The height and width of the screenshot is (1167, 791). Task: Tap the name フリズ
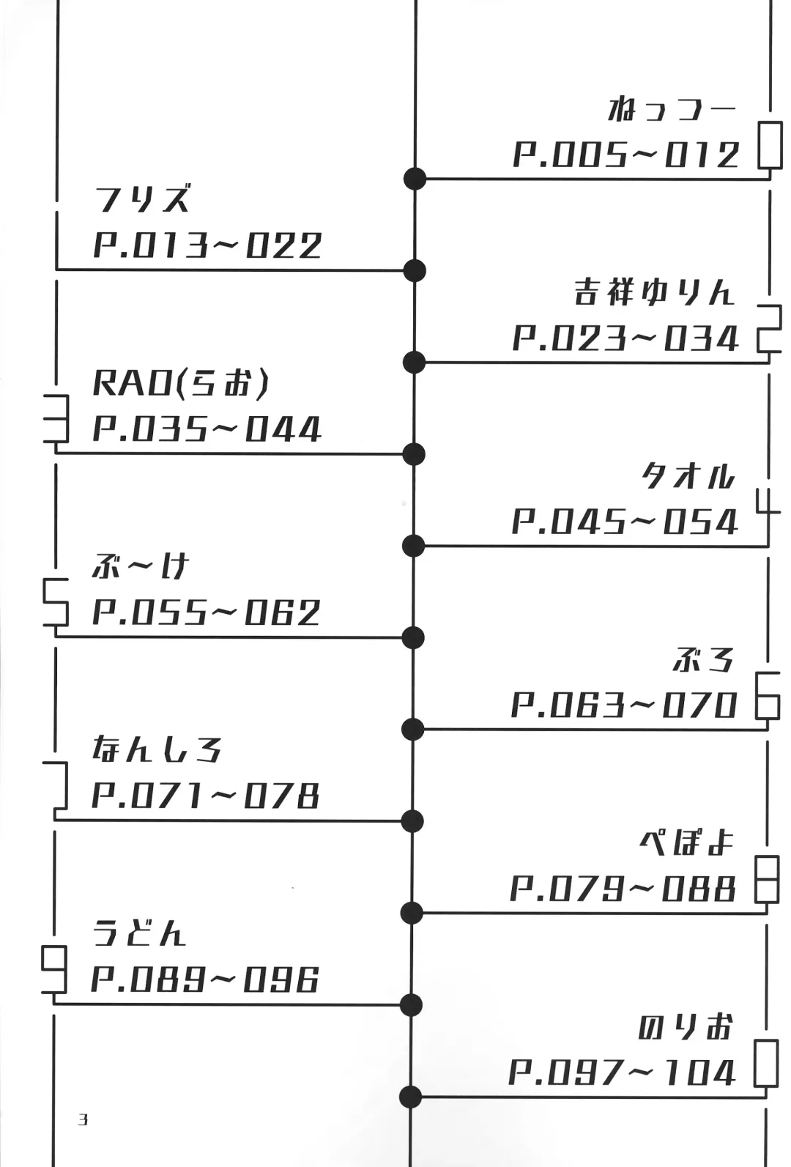click(x=143, y=199)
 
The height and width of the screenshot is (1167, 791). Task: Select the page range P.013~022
click(x=207, y=245)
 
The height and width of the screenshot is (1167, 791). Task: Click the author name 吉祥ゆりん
click(x=653, y=293)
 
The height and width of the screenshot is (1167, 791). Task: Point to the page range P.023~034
click(x=625, y=339)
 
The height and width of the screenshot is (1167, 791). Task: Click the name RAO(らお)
click(x=181, y=383)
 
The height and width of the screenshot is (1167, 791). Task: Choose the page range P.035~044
click(x=207, y=429)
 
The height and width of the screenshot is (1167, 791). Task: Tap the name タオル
click(x=687, y=477)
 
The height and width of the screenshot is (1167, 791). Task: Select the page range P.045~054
click(x=625, y=522)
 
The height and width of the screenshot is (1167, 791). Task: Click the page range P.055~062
click(x=206, y=613)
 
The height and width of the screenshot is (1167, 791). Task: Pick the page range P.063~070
click(x=624, y=705)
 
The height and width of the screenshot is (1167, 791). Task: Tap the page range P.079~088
click(x=623, y=889)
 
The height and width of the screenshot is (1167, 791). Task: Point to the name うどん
click(x=139, y=934)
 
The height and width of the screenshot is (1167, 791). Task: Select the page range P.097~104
click(x=622, y=1073)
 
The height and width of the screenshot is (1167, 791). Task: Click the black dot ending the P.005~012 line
click(x=415, y=178)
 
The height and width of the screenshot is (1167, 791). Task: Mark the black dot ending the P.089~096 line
click(x=412, y=1005)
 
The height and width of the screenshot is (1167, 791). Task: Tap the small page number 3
click(x=83, y=1119)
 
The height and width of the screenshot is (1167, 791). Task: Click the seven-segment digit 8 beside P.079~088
click(x=767, y=879)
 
